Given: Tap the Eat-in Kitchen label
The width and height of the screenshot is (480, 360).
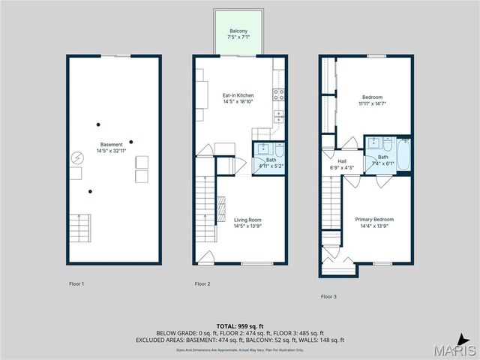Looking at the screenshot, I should point(238,95).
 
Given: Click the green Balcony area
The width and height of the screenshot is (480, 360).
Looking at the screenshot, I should point(238,34).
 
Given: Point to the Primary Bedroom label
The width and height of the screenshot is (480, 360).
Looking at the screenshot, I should point(374,219).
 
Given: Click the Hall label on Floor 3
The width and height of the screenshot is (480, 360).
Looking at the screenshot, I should point(341,160).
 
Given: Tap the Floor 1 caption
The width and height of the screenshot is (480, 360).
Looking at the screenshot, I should point(76,284).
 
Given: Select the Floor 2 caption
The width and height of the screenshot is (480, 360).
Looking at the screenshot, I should point(202,284).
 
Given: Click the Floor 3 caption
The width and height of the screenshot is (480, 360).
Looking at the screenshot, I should point(328,296).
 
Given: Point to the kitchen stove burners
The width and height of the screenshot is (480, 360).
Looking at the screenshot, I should point(278,94).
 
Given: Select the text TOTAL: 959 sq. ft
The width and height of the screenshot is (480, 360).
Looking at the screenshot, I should point(238,325).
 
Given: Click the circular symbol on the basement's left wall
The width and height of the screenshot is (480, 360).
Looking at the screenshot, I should point(76,158).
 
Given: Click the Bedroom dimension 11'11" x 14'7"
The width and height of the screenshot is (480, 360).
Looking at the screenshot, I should point(373,104).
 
